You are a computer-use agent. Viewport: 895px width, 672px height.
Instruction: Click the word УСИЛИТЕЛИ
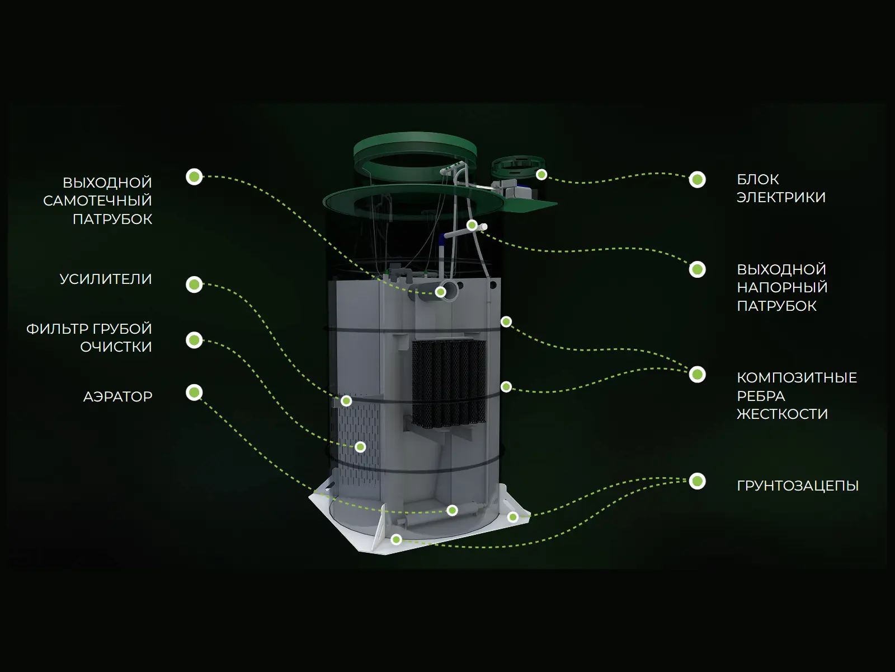click(106, 279)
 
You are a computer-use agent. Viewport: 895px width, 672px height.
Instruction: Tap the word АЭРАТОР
click(118, 396)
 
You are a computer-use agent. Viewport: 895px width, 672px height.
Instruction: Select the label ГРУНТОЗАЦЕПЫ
click(798, 486)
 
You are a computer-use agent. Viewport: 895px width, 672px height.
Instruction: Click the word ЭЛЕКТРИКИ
click(781, 198)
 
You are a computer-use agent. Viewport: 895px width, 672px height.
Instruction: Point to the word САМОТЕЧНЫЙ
click(97, 200)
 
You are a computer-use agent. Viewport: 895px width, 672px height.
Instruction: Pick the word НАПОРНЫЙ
click(782, 287)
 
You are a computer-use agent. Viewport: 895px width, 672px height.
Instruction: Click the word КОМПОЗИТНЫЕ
click(797, 378)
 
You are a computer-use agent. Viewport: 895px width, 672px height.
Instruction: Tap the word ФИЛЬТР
click(54, 329)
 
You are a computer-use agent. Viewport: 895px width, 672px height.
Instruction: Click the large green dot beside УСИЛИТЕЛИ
click(194, 284)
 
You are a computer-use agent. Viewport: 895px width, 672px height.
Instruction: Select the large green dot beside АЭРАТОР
click(194, 393)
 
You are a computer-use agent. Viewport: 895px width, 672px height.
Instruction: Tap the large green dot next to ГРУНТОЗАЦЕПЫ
click(697, 481)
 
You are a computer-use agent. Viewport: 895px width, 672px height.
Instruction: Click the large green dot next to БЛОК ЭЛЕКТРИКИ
click(697, 180)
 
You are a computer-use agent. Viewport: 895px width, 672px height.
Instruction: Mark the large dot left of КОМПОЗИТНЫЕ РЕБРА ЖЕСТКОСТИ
click(697, 375)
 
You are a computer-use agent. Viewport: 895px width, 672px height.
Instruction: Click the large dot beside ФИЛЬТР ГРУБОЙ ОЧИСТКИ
click(194, 340)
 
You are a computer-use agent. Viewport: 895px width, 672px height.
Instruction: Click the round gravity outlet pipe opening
click(449, 291)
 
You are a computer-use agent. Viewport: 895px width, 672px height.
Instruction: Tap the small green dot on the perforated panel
click(360, 447)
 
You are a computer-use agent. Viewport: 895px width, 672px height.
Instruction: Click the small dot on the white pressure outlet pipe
click(472, 225)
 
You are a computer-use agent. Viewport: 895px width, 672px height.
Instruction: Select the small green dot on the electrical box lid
click(541, 175)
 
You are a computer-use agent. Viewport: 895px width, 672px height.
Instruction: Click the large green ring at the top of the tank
click(414, 141)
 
